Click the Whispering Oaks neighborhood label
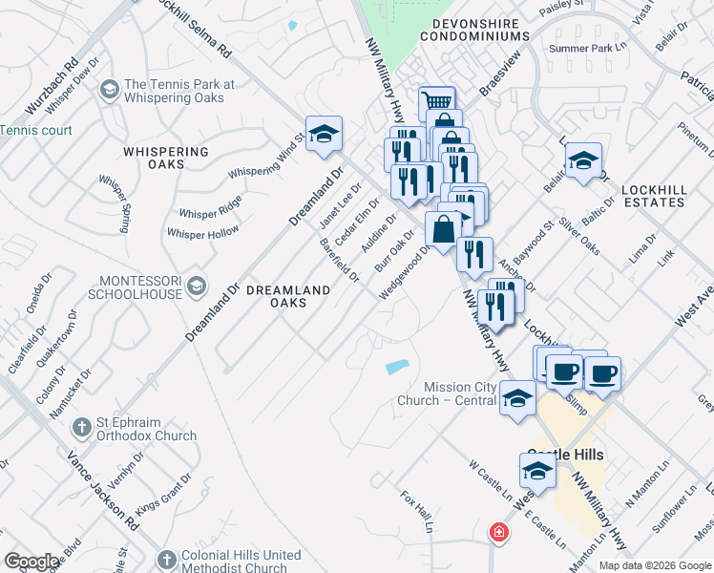[x=165, y=159]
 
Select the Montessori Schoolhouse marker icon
[x=197, y=284]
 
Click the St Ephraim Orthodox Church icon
[x=80, y=429]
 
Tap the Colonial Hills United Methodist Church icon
[x=166, y=559]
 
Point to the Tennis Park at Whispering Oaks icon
[x=109, y=91]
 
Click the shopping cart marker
[x=436, y=102]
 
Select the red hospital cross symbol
[x=496, y=533]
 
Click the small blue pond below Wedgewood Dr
[x=396, y=367]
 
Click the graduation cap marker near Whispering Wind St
[x=324, y=134]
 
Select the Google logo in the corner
[x=31, y=561]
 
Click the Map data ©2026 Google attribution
[x=655, y=565]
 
